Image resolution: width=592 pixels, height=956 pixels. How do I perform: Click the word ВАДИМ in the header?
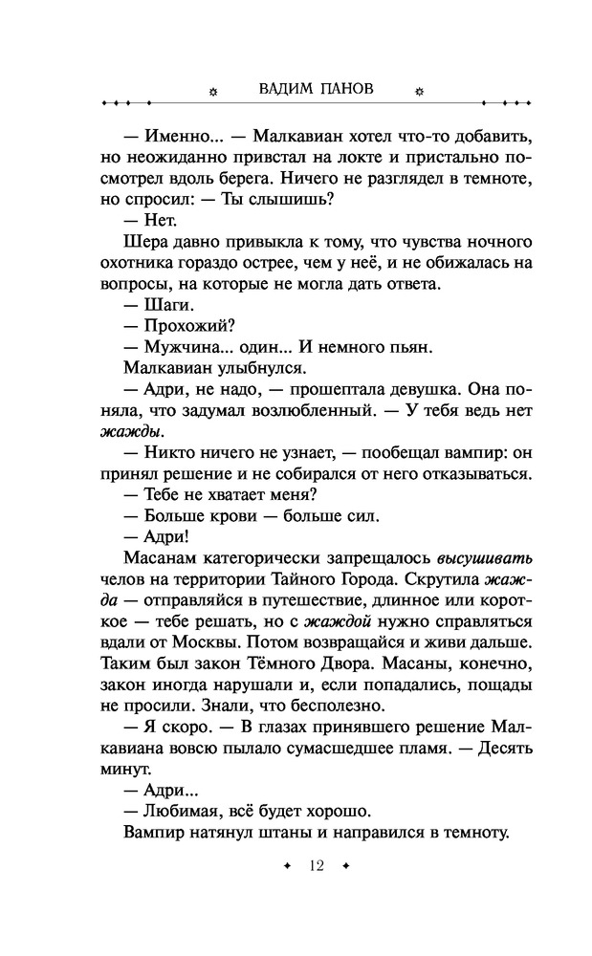coord(286,90)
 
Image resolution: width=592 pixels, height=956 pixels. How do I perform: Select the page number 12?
coord(317,866)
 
